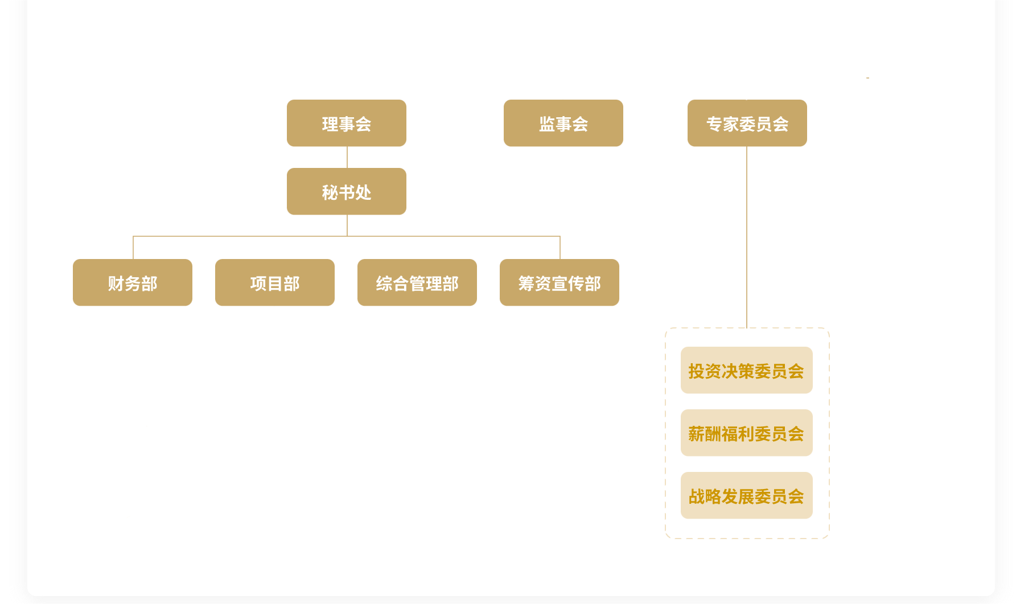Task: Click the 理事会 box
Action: pyautogui.click(x=346, y=123)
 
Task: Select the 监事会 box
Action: pyautogui.click(x=563, y=123)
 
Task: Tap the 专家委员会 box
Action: pyautogui.click(x=747, y=123)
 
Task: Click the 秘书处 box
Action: pyautogui.click(x=346, y=191)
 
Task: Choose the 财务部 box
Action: pyautogui.click(x=132, y=282)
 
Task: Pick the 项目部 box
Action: pyautogui.click(x=274, y=282)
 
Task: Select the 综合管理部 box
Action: pyautogui.click(x=417, y=282)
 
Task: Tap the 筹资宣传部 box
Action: pyautogui.click(x=559, y=282)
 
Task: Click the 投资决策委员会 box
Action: pyautogui.click(x=746, y=370)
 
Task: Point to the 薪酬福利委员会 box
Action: pyautogui.click(x=746, y=433)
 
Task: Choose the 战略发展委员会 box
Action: pyautogui.click(x=746, y=495)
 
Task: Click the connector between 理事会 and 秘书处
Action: pyautogui.click(x=347, y=157)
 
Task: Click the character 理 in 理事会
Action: pyautogui.click(x=330, y=124)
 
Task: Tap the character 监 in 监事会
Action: pyautogui.click(x=547, y=124)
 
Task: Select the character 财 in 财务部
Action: pyautogui.click(x=116, y=283)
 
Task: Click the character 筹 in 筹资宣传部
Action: pyautogui.click(x=526, y=283)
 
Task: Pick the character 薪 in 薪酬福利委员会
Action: pyautogui.click(x=697, y=434)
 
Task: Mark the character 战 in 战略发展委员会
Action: pyautogui.click(x=697, y=496)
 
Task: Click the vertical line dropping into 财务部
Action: pyautogui.click(x=133, y=248)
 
